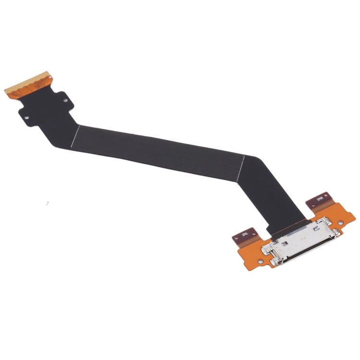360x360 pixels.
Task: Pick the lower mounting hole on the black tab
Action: pos(27,116)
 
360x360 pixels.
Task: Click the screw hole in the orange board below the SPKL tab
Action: pos(261,262)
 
